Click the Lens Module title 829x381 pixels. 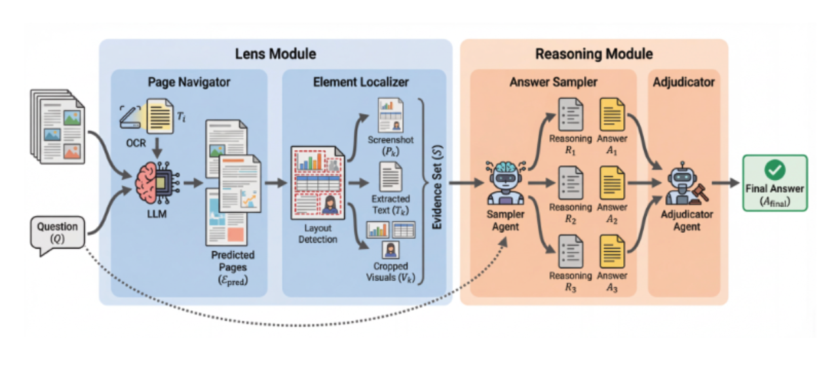pyautogui.click(x=275, y=54)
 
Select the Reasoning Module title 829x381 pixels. pyautogui.click(x=594, y=54)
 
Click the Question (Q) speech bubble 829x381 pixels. pyautogui.click(x=57, y=233)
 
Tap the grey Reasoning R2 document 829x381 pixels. pyautogui.click(x=570, y=184)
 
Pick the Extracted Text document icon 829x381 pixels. pyautogui.click(x=391, y=176)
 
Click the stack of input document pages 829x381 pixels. pyautogui.click(x=58, y=127)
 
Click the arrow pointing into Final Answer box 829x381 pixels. pyautogui.click(x=725, y=182)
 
